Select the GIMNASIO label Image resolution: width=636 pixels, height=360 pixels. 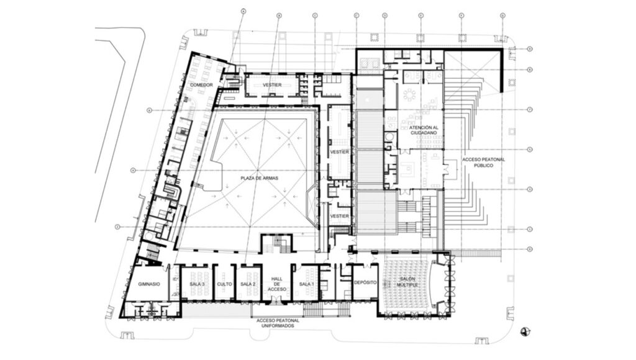[x=148, y=284]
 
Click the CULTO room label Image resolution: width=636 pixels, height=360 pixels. [x=224, y=284]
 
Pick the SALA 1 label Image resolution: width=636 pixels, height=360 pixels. [x=305, y=284]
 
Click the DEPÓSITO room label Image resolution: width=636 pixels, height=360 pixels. [x=365, y=281]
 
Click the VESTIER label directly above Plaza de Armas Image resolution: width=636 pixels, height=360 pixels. [x=273, y=85]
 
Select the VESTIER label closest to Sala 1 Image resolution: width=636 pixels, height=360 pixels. [x=339, y=215]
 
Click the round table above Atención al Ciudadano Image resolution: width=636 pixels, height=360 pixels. [x=411, y=95]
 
